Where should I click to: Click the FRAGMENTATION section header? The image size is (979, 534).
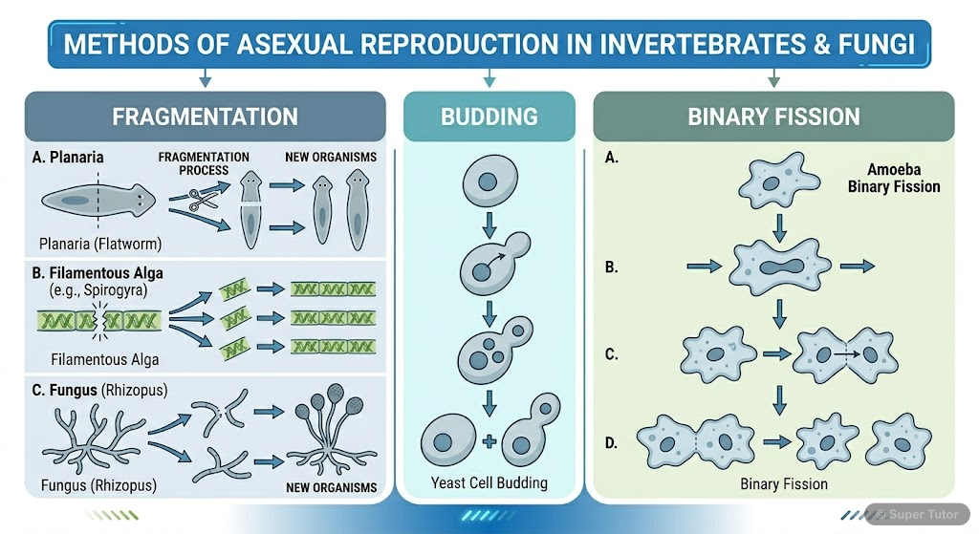(205, 117)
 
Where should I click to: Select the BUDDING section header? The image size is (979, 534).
(489, 117)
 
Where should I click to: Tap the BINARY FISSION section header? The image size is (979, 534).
(773, 117)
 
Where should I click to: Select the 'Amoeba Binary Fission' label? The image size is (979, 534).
(893, 178)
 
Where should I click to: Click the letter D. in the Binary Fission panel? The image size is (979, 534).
(613, 442)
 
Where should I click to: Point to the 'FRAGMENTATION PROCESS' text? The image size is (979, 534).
(204, 163)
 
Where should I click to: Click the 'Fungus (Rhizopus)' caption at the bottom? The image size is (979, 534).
(99, 485)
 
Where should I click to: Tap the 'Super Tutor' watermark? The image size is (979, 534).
(919, 515)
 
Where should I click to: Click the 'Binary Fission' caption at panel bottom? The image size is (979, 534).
(783, 484)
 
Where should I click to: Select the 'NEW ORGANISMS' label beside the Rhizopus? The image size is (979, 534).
(330, 488)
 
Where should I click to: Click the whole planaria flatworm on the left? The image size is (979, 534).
(98, 201)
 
